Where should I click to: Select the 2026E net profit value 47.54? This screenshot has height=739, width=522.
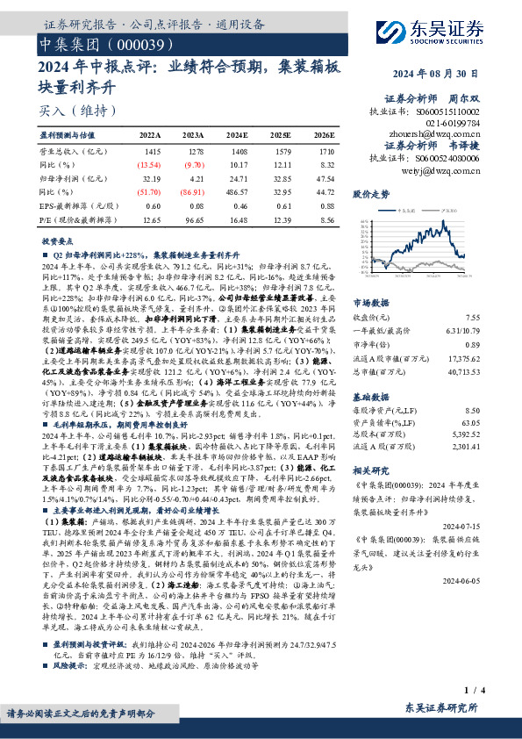pyautogui.click(x=324, y=177)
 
